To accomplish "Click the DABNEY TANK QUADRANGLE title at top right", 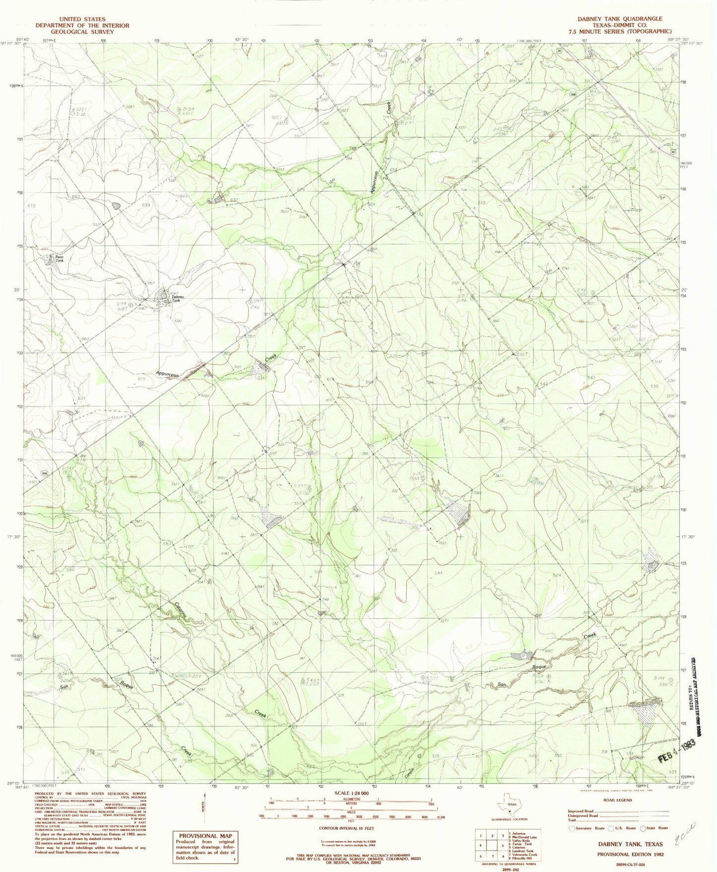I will click(x=619, y=19).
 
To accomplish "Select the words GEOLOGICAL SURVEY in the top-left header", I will click(x=82, y=32).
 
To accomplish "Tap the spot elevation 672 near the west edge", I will click(x=33, y=205).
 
